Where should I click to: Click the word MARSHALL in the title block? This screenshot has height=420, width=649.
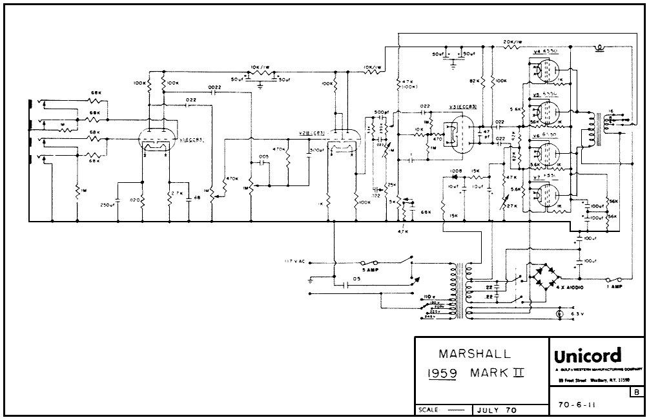coord(474,354)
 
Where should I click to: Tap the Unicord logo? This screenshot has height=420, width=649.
coord(586,356)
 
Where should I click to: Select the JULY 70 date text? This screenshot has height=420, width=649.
coord(496,410)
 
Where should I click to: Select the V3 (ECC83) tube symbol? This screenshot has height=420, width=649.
coord(460,133)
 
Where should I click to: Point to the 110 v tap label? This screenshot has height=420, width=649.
coord(428,297)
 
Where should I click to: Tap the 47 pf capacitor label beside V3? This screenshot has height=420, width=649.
coord(486,134)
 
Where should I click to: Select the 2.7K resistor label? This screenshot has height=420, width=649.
coord(178,193)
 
